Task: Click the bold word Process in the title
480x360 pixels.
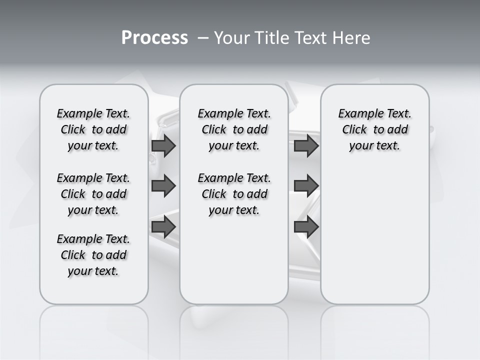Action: pos(154,38)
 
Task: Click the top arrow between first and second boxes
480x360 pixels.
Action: pos(163,145)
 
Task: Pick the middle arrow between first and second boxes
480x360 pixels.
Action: pos(163,186)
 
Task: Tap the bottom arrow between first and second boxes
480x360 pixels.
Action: pos(163,226)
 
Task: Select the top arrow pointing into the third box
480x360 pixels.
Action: pos(306,145)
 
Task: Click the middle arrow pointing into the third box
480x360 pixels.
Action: pos(306,186)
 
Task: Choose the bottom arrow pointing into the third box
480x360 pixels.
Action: pos(306,226)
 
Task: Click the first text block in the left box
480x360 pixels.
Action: pos(93,129)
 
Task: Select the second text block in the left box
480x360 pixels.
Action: pos(93,194)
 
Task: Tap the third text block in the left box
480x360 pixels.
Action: pos(93,255)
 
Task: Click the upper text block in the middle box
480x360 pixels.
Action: pos(234,129)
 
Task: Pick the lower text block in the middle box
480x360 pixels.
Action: pos(234,194)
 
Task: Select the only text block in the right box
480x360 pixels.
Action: pos(374,129)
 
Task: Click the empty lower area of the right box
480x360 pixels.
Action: pos(374,235)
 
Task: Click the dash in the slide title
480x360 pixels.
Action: pos(203,38)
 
